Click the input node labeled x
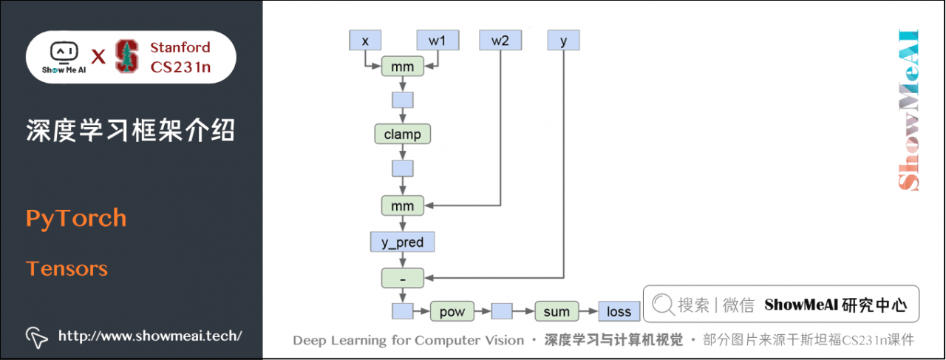pos(365,41)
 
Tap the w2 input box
pos(500,41)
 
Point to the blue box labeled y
pos(564,41)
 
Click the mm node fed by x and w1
pos(402,67)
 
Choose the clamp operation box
pos(402,134)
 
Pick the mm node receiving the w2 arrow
pos(402,205)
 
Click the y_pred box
pos(402,242)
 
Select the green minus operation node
pos(402,279)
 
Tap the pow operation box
pos(452,311)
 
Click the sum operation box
pos(556,311)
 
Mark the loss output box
pos(619,311)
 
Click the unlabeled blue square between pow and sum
pos(503,311)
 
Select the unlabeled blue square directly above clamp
pos(402,100)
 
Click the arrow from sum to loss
pos(588,311)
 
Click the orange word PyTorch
pos(76,219)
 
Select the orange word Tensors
pos(67,268)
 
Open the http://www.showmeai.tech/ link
pos(150,336)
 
